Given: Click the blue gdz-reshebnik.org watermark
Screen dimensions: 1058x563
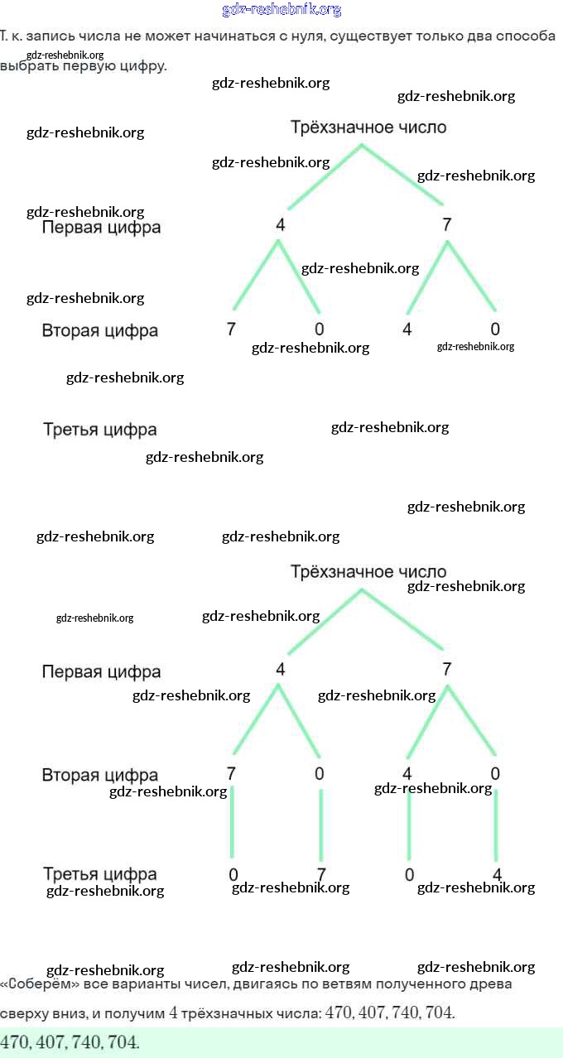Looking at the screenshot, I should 281,10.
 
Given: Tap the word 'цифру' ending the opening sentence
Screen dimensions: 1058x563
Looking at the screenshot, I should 144,65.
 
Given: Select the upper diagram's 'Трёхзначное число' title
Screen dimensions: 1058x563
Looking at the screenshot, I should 368,127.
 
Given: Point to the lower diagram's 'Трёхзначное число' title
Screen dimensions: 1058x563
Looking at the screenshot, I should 368,572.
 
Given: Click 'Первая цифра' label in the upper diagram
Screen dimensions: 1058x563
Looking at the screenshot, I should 101,227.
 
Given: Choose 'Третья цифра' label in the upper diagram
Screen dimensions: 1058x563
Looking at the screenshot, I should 99,430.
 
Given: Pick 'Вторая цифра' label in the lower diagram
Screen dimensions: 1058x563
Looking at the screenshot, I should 99,776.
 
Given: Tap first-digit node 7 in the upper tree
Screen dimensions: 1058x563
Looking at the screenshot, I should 447,225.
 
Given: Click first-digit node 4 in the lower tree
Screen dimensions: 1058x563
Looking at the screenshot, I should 280,670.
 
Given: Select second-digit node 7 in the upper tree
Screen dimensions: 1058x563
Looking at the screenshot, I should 231,329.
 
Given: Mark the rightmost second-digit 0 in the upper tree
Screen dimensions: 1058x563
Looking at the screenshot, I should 495,329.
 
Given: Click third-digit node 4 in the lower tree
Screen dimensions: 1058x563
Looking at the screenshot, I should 497,875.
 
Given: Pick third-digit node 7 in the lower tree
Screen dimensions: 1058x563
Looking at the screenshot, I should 321,875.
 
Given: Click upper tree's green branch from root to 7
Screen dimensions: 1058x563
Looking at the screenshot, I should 403,176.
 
